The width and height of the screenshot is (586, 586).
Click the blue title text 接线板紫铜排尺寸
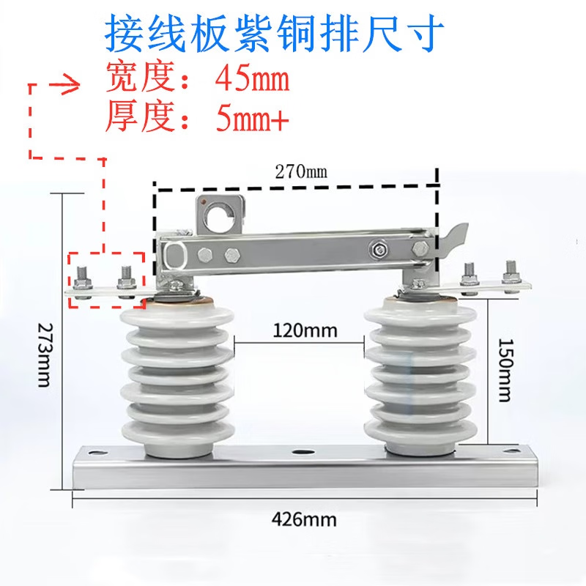click(274, 33)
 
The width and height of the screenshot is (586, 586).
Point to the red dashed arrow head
click(72, 84)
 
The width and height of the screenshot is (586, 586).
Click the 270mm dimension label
click(301, 173)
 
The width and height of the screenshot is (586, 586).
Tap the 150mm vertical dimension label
click(503, 370)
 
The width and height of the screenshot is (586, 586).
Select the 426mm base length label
click(304, 520)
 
